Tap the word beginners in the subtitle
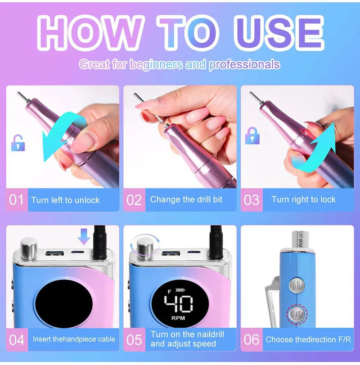pyautogui.click(x=156, y=65)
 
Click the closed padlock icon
pyautogui.click(x=251, y=135)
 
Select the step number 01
pyautogui.click(x=17, y=200)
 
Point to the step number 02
pyautogui.click(x=134, y=200)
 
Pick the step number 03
pyautogui.click(x=252, y=200)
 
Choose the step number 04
pyautogui.click(x=17, y=339)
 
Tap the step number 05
pyautogui.click(x=134, y=339)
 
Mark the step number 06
pyautogui.click(x=252, y=339)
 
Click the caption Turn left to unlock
pyautogui.click(x=65, y=200)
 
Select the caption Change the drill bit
pyautogui.click(x=186, y=199)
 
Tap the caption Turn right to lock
pyautogui.click(x=303, y=199)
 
